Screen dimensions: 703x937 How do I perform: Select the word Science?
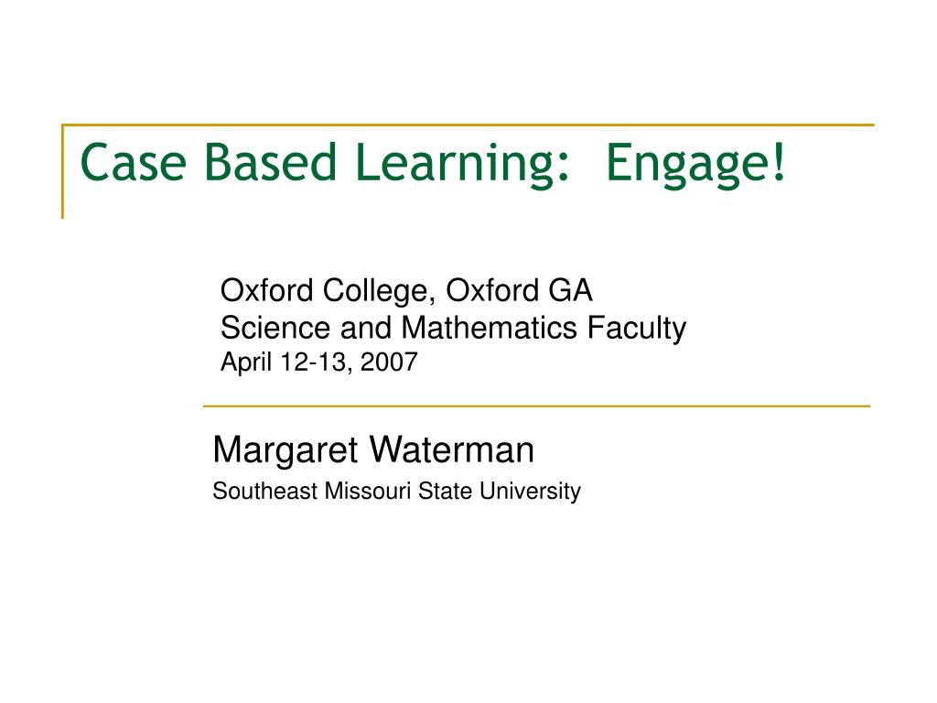click(277, 328)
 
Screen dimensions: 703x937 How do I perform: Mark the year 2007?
click(389, 362)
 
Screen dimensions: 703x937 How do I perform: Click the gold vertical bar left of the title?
click(63, 172)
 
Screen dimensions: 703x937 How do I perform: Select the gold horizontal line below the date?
click(535, 406)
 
